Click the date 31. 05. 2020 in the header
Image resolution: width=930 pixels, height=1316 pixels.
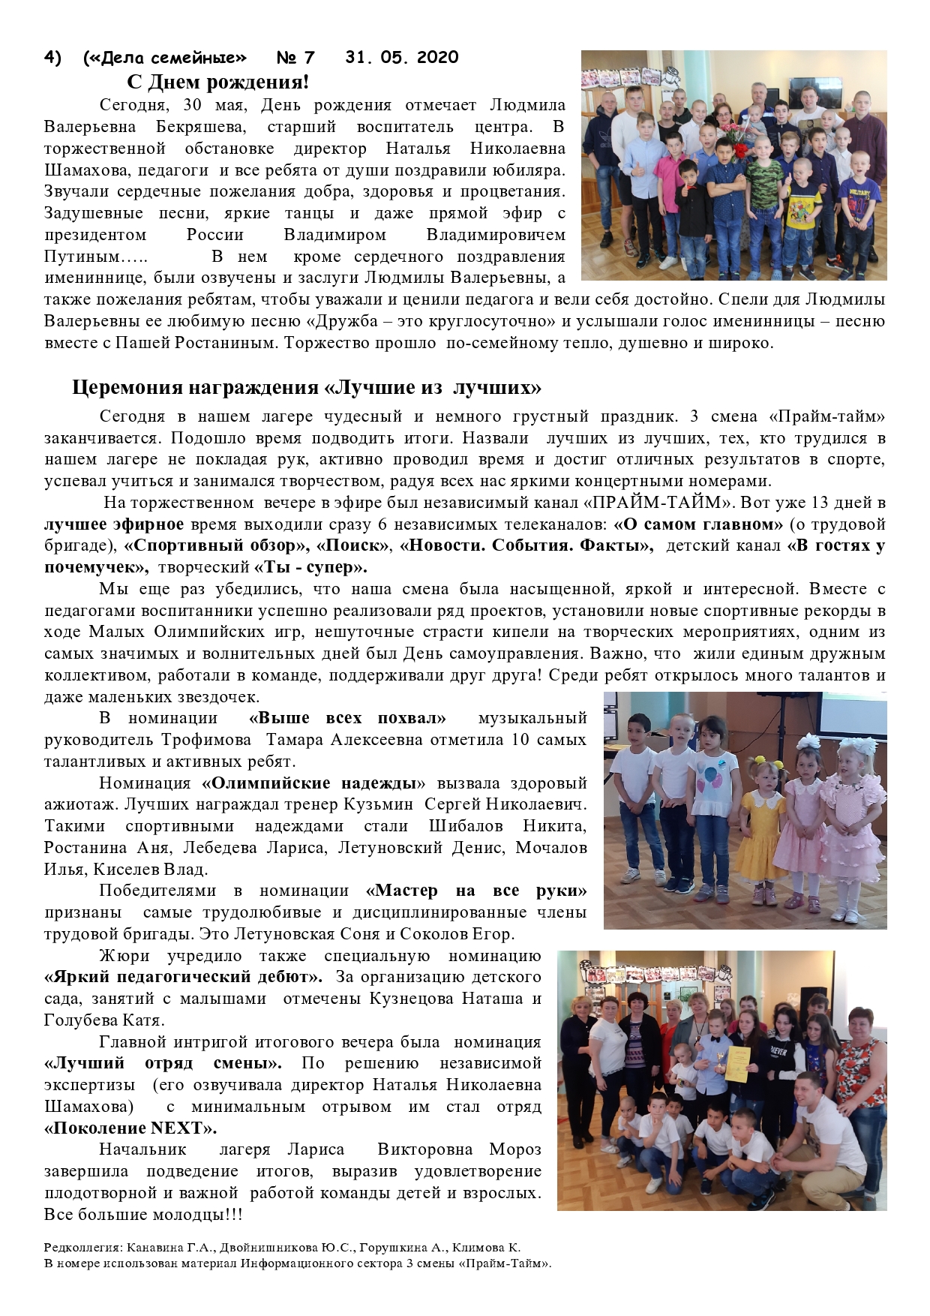coord(402,58)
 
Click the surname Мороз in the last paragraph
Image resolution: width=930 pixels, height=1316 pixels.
coord(514,1149)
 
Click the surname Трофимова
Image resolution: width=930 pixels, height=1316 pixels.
coord(206,740)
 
